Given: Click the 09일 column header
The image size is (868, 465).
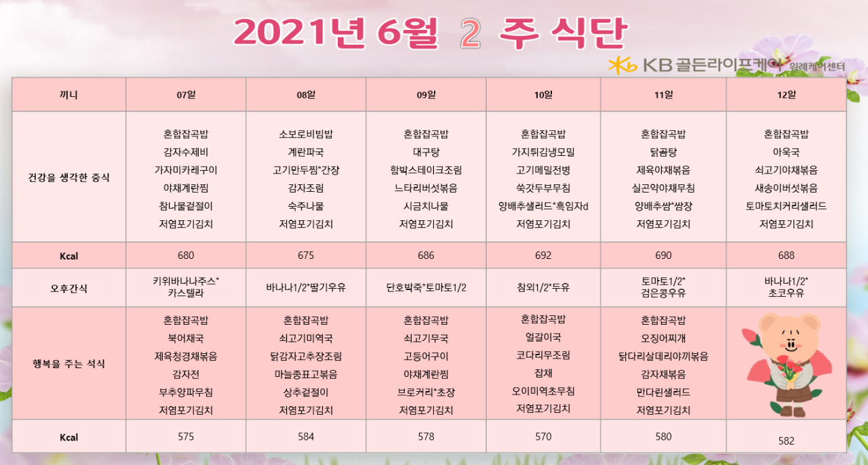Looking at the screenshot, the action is pos(426,95).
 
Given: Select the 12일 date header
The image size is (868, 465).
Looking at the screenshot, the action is pos(786,95).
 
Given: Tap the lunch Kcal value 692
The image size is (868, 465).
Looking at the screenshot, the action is pos(543,256).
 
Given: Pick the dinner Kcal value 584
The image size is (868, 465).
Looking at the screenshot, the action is pos(306,437).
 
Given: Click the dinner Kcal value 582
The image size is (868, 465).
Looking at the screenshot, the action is pos(786,441).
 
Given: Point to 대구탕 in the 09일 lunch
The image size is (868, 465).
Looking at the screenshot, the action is pos(426,152).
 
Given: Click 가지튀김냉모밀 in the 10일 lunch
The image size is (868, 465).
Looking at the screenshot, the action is pos(543,152).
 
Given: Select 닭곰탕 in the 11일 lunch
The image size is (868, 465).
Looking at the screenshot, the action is pos(663,152).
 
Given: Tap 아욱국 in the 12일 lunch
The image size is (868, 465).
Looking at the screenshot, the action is pos(786,152).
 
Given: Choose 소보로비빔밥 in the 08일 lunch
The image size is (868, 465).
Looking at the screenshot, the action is pos(306,134).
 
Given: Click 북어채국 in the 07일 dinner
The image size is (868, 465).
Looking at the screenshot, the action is pos(186,338).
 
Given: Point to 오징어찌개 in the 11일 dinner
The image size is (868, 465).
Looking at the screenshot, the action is pos(663,338).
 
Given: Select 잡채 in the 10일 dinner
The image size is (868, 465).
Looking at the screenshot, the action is pos(543,373).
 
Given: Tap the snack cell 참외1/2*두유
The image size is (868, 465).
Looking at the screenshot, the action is pos(543,287).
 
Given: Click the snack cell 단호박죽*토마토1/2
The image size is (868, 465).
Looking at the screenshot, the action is pos(426,287).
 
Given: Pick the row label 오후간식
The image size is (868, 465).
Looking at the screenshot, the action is pos(68,288).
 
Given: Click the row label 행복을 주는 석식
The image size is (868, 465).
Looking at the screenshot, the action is pos(68,363).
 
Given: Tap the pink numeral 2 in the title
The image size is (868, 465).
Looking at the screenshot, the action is pos(471,34).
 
